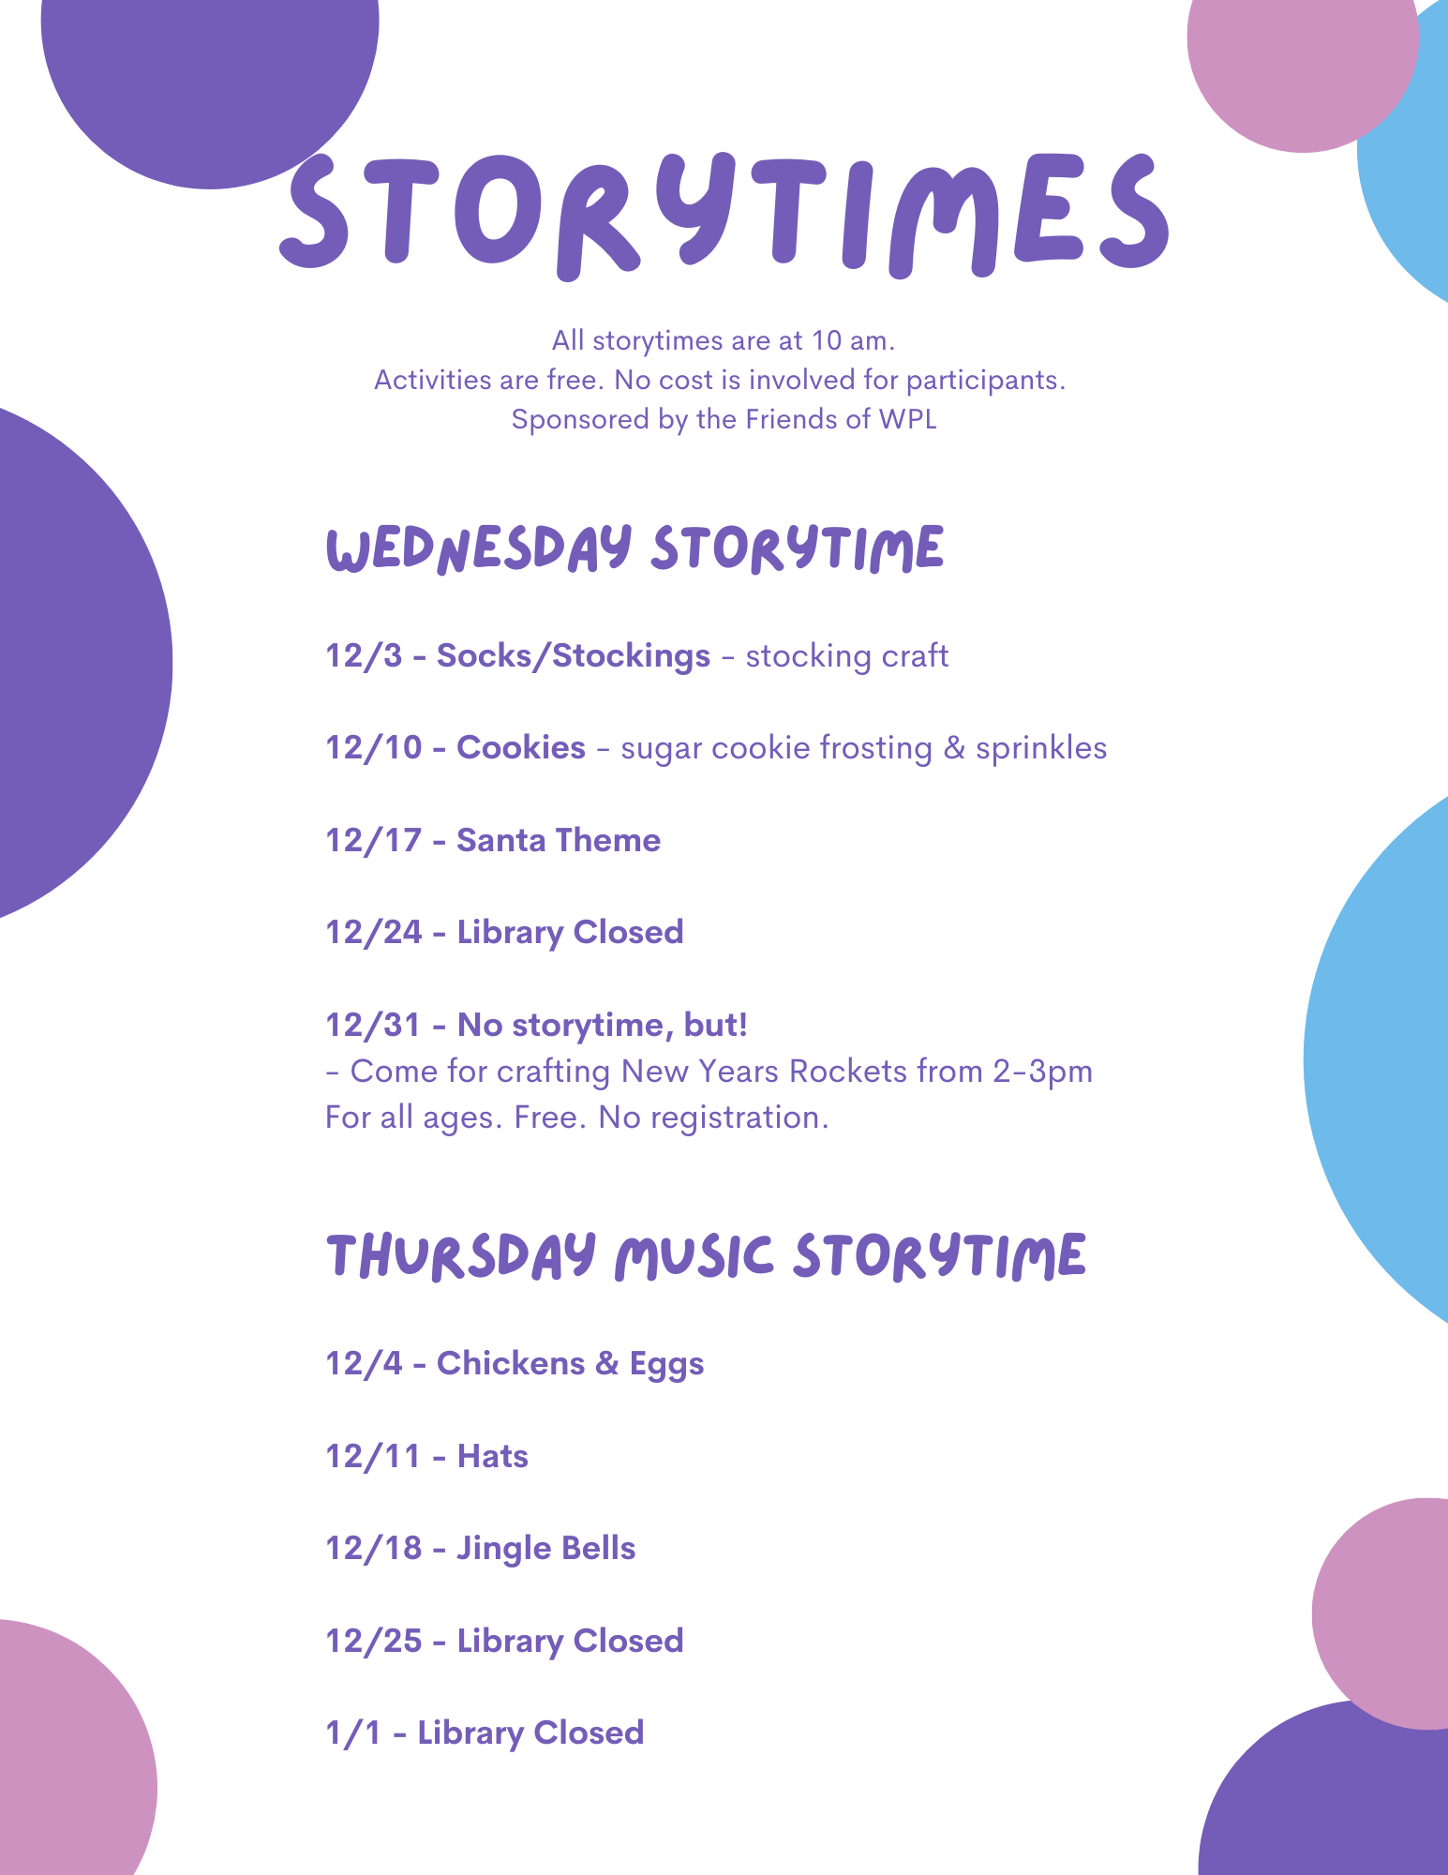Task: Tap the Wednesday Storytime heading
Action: (x=634, y=549)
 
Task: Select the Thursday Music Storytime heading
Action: (x=706, y=1257)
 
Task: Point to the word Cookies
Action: (x=521, y=747)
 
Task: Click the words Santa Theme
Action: (x=559, y=840)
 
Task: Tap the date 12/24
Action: (x=374, y=932)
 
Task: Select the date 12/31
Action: (x=373, y=1025)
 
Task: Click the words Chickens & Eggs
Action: (x=571, y=1364)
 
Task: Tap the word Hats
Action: (x=493, y=1456)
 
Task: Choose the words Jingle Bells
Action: (x=546, y=1549)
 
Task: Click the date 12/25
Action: (x=374, y=1641)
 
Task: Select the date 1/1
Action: (x=353, y=1732)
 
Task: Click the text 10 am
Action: (x=853, y=340)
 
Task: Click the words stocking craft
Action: (x=847, y=656)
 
